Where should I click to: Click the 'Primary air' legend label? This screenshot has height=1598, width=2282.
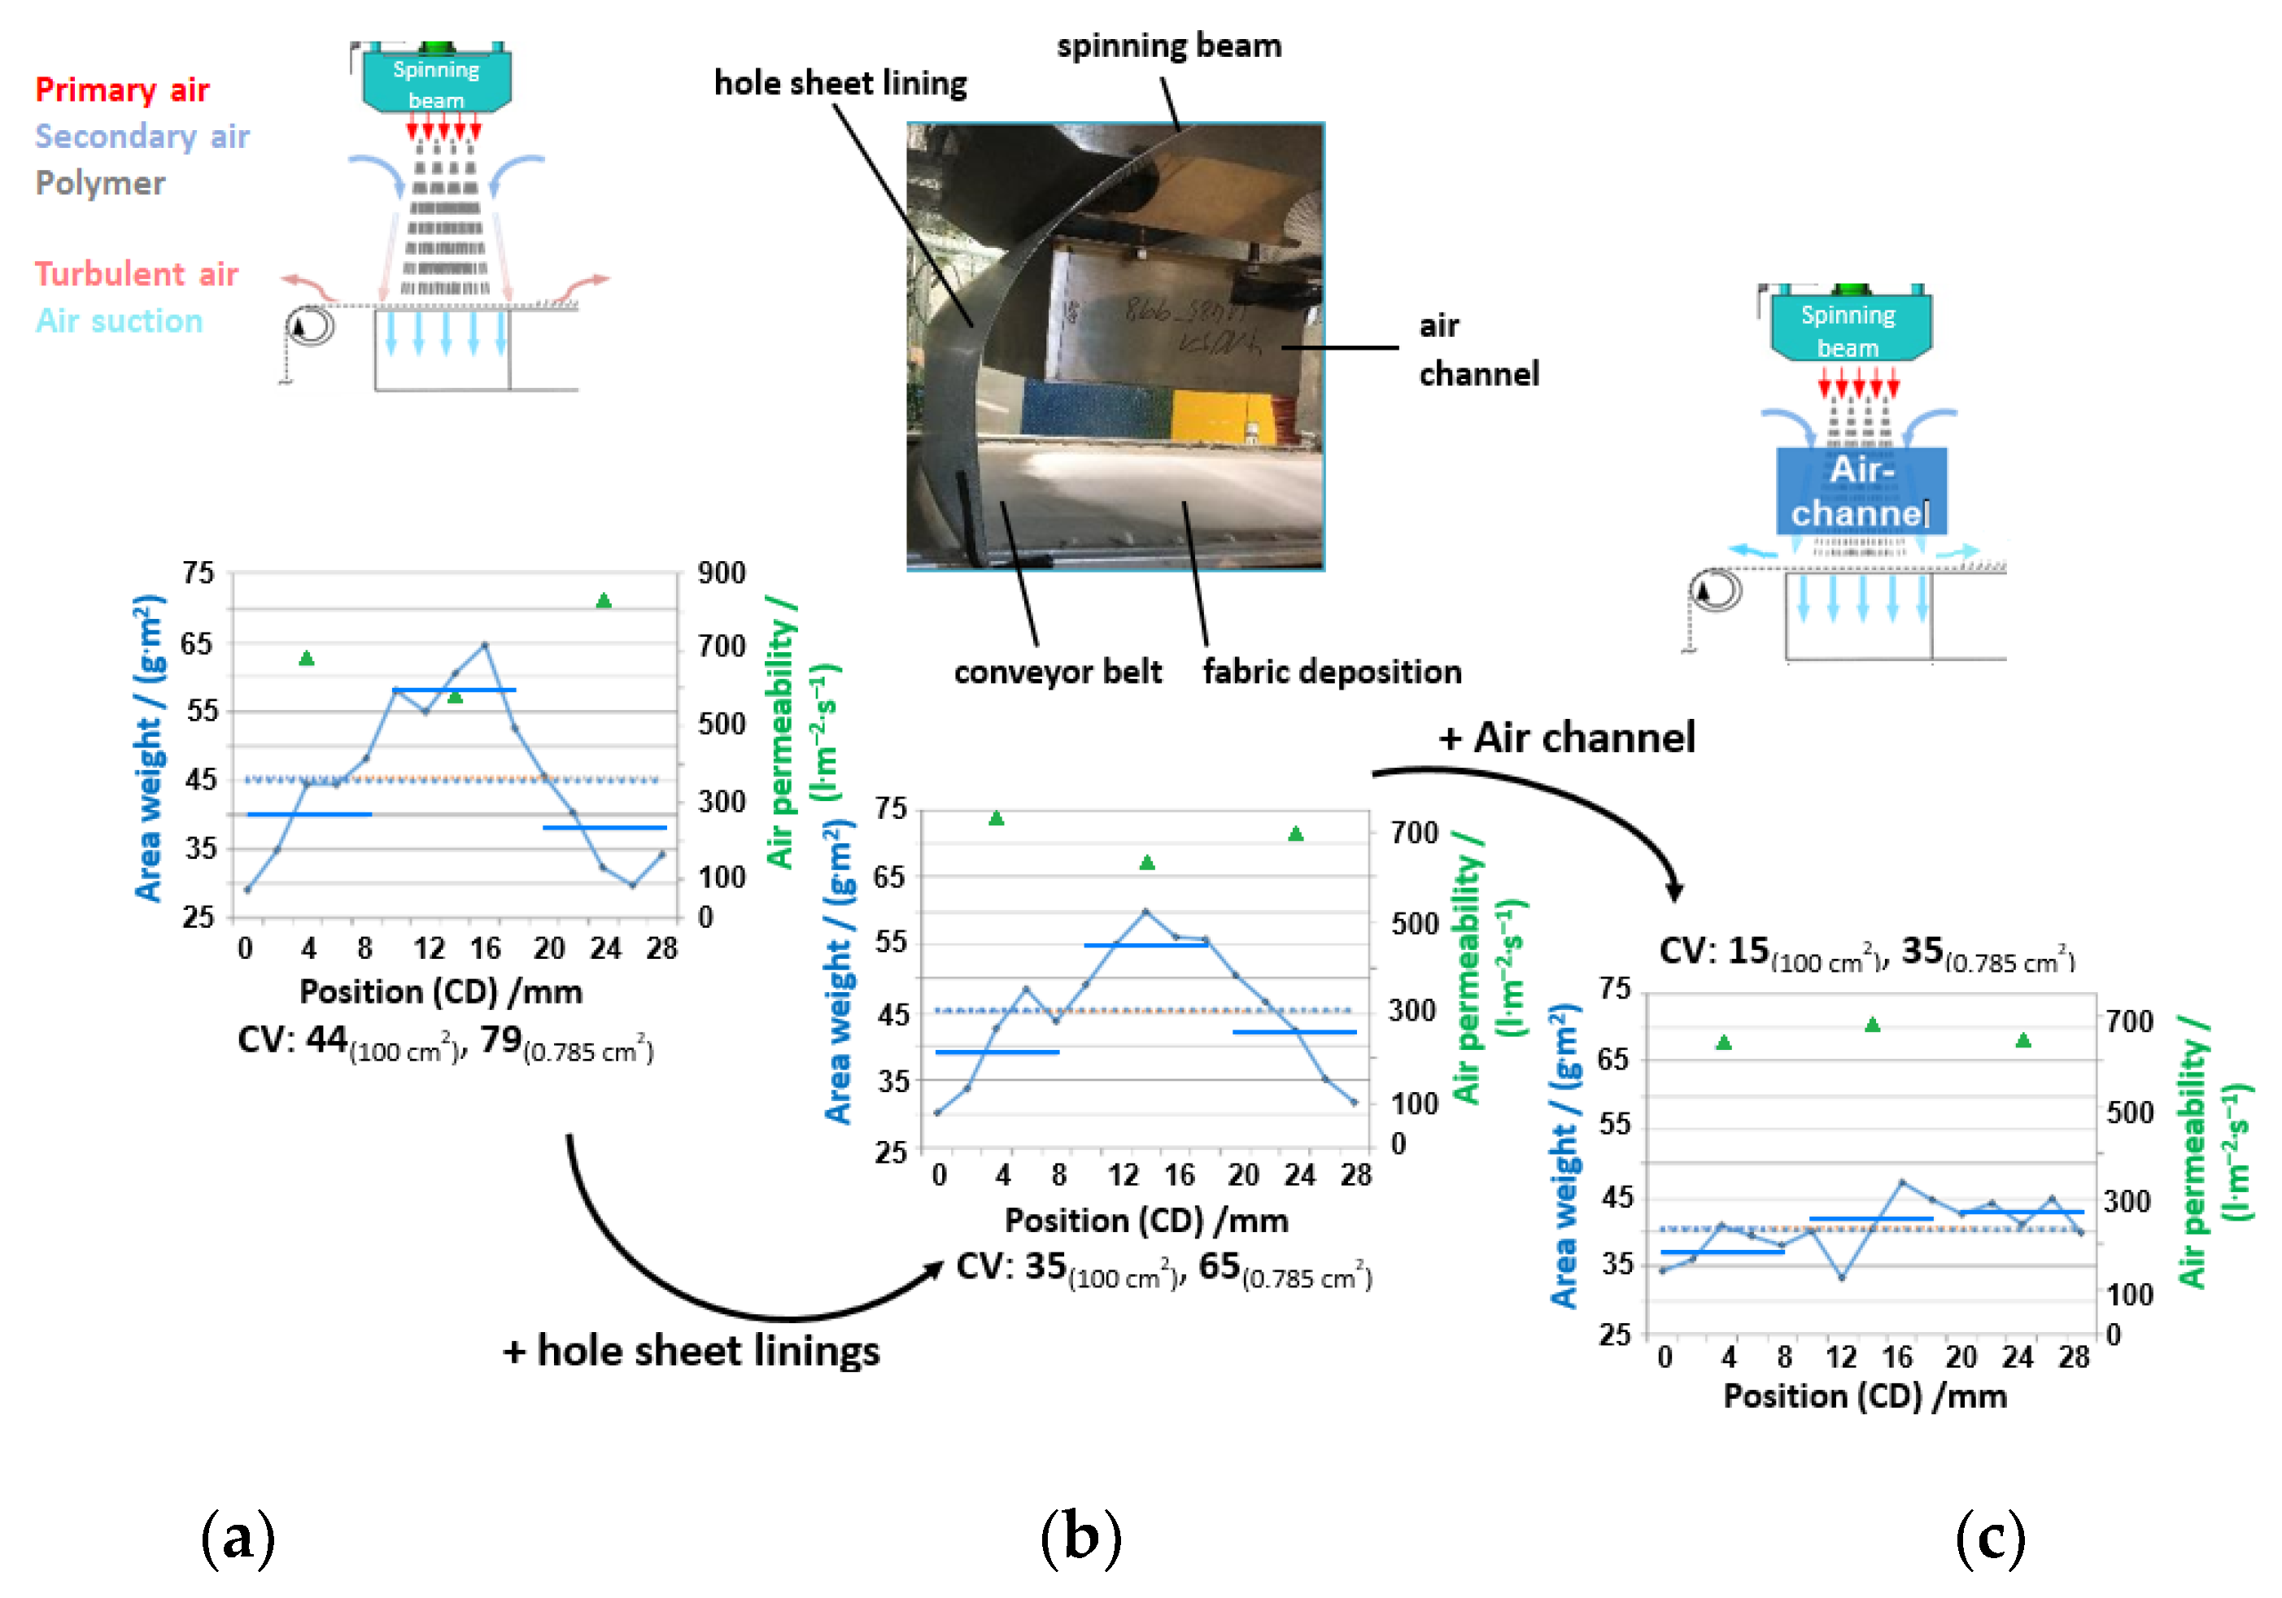pos(122,90)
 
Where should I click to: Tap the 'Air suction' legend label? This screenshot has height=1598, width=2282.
pos(120,321)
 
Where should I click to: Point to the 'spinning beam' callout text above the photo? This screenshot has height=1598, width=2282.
pos(1169,46)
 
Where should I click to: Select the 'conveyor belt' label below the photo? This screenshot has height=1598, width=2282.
pos(1058,672)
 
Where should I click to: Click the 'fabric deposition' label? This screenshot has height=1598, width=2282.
pos(1332,672)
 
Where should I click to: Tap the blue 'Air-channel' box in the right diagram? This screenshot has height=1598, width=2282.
pos(1861,491)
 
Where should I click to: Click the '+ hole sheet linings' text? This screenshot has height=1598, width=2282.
pos(691,1352)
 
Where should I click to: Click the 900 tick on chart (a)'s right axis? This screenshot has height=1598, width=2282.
pos(722,573)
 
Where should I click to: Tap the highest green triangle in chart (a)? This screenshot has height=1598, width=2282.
pos(604,600)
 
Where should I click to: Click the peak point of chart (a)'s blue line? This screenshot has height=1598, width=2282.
pos(485,645)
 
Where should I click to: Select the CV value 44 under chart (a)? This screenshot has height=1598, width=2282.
pos(326,1039)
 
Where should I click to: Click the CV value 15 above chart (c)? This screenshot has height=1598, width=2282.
pos(1748,951)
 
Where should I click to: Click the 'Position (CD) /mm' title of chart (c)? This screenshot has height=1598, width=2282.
pos(1865,1396)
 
